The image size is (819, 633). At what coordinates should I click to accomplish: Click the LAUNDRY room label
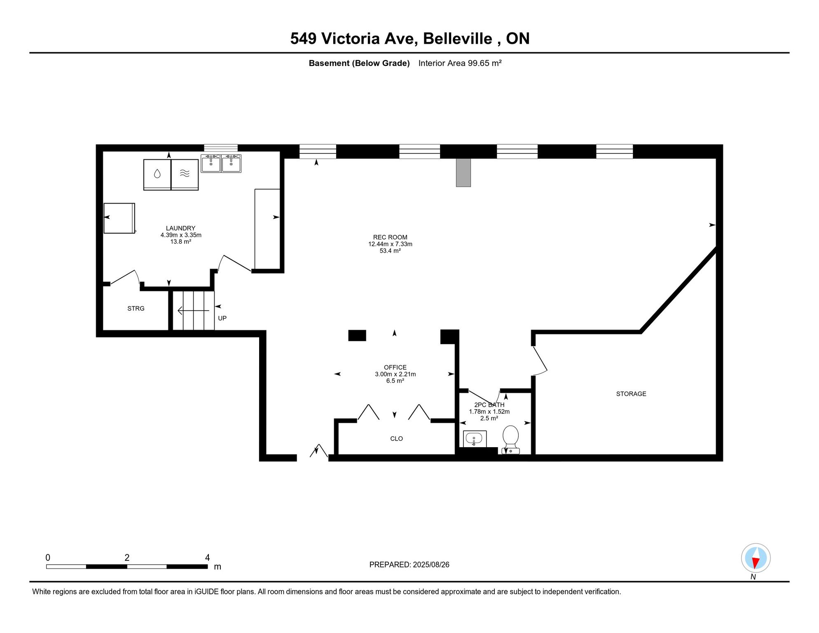click(180, 228)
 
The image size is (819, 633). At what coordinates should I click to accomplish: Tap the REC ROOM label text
click(390, 237)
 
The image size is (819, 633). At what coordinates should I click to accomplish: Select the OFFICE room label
click(395, 368)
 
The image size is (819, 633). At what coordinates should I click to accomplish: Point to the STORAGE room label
click(631, 394)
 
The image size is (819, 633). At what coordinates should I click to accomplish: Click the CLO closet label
click(396, 439)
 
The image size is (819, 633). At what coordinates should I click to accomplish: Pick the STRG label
click(136, 309)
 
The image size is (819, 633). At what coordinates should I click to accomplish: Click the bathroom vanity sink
click(475, 439)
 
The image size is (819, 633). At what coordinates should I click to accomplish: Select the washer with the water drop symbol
click(157, 175)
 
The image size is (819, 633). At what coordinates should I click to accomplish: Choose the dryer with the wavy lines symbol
click(185, 175)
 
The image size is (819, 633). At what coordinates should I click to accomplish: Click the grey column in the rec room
click(463, 173)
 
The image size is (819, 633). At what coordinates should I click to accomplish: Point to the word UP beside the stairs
click(222, 319)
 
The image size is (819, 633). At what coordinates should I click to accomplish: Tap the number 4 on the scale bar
click(208, 558)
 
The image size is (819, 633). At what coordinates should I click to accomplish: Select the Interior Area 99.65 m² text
click(460, 63)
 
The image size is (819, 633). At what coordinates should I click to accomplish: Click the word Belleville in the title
click(458, 39)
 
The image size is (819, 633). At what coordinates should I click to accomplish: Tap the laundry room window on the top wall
click(221, 148)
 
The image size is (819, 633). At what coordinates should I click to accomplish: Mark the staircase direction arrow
click(194, 311)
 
